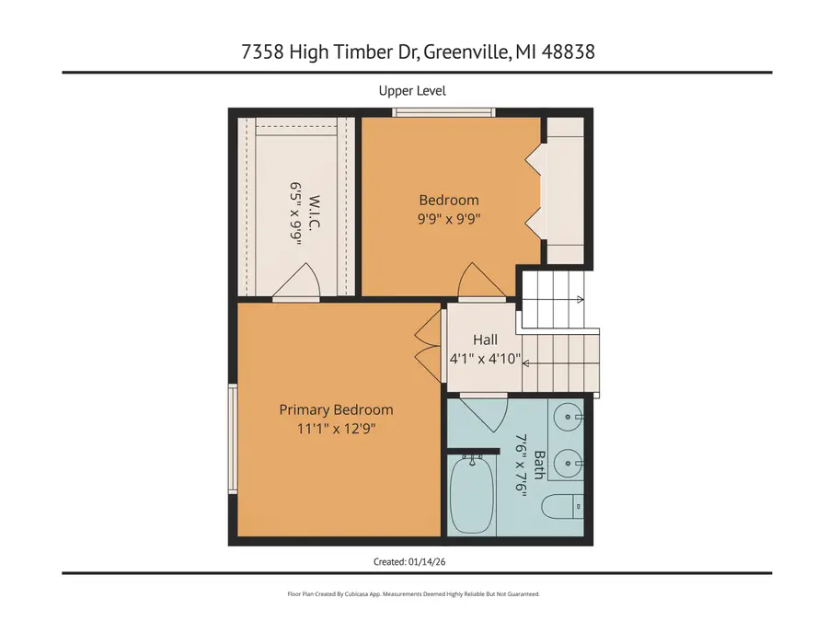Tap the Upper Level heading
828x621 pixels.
point(412,90)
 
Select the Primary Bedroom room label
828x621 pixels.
point(336,409)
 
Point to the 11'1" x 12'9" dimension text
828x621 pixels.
point(336,428)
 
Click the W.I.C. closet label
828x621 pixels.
point(314,213)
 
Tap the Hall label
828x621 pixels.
point(485,339)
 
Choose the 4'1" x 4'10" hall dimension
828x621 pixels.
point(485,358)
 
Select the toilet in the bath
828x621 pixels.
point(563,505)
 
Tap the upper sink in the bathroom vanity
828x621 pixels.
point(568,417)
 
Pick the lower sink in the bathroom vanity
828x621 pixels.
point(568,460)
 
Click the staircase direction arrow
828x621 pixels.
point(579,299)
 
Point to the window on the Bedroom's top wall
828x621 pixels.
point(443,113)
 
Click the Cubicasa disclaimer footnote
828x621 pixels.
point(413,594)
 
